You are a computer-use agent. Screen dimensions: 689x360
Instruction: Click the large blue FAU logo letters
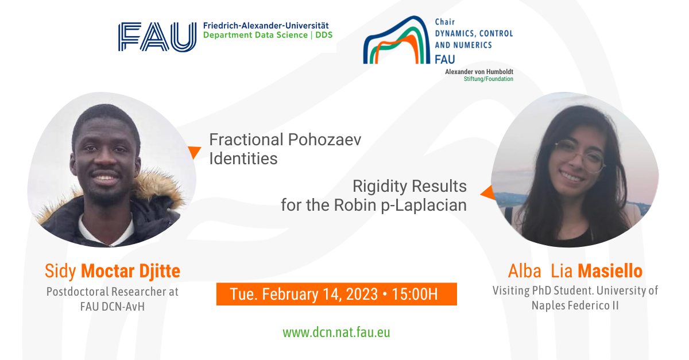pyautogui.click(x=157, y=37)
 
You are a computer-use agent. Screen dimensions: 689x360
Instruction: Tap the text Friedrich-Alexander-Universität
pyautogui.click(x=266, y=25)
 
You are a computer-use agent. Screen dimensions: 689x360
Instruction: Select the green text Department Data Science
pyautogui.click(x=256, y=35)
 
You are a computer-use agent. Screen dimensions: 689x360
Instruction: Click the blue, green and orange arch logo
pyautogui.click(x=397, y=40)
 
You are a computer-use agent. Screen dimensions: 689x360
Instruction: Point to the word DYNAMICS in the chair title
pyautogui.click(x=454, y=33)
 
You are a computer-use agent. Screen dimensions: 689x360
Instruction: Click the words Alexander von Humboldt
pyautogui.click(x=479, y=72)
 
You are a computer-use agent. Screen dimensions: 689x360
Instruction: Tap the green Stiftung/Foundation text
pyautogui.click(x=489, y=79)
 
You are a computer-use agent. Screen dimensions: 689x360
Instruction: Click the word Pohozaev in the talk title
pyautogui.click(x=325, y=140)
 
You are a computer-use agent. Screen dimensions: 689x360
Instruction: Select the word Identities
pyautogui.click(x=243, y=159)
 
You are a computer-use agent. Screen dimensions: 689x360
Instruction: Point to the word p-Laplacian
pyautogui.click(x=424, y=205)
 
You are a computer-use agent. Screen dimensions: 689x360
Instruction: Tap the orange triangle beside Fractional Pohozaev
pyautogui.click(x=195, y=152)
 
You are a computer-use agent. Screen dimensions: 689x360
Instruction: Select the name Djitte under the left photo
pyautogui.click(x=160, y=271)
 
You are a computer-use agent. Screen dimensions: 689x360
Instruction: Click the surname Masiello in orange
pyautogui.click(x=610, y=271)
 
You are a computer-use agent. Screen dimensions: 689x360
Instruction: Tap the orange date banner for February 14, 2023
pyautogui.click(x=336, y=294)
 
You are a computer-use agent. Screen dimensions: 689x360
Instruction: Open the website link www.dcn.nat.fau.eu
pyautogui.click(x=336, y=332)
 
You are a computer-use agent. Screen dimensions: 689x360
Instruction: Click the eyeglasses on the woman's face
pyautogui.click(x=580, y=156)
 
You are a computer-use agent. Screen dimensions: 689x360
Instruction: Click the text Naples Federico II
pyautogui.click(x=575, y=305)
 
